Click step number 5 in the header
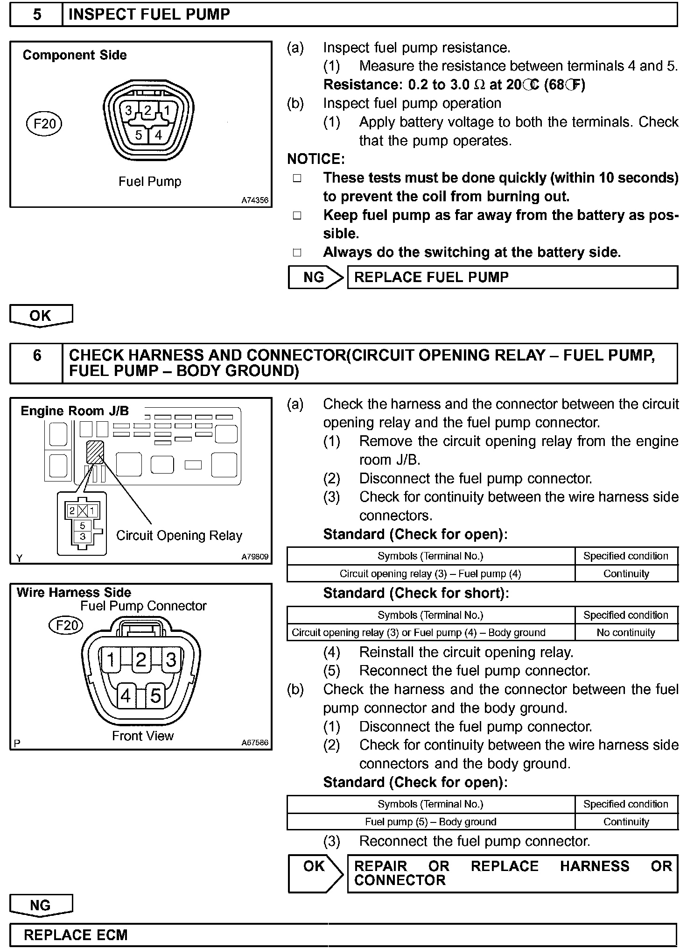tap(37, 14)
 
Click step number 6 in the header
tap(37, 355)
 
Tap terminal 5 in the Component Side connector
tap(139, 135)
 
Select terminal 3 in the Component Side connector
tap(128, 111)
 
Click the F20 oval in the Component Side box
tap(44, 124)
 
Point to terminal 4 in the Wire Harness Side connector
tap(126, 696)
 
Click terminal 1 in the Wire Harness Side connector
tap(111, 660)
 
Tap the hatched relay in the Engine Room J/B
tap(95, 452)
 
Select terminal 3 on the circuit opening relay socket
tap(83, 537)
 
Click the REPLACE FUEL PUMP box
tap(512, 277)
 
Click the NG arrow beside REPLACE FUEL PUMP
tap(315, 277)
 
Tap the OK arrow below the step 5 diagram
tap(41, 315)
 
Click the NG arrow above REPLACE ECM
tap(41, 905)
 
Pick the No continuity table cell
tap(626, 632)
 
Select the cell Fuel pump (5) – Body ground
tap(430, 822)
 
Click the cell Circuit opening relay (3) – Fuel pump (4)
tap(430, 574)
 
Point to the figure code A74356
tap(255, 200)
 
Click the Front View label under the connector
tap(143, 736)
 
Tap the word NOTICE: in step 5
tap(316, 159)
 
